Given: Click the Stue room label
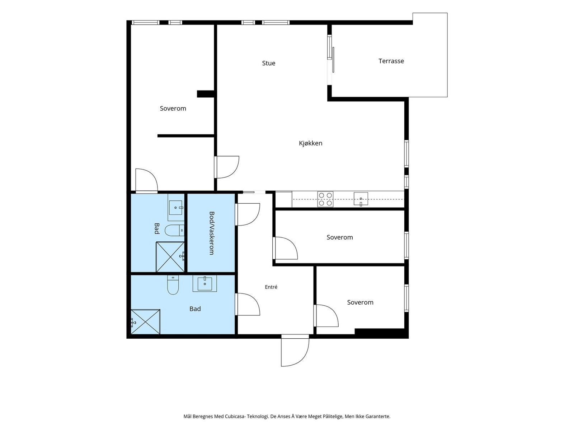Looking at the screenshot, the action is (x=269, y=63).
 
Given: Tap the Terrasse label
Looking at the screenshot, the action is (x=391, y=61).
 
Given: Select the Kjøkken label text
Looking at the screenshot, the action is (x=310, y=143).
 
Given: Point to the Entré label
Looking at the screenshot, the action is (x=271, y=287).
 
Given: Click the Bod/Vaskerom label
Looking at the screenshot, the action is (x=212, y=233).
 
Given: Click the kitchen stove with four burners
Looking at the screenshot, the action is (x=325, y=199).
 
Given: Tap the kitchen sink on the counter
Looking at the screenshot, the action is (x=361, y=199).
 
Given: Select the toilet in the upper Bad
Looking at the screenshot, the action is (x=174, y=230).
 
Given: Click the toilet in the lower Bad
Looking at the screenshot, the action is (x=173, y=285).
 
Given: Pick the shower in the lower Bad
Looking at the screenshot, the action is (x=145, y=322).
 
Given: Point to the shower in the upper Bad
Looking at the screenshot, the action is (x=170, y=257).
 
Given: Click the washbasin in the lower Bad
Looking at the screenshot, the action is (x=205, y=283).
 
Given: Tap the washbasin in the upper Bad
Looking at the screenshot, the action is (x=176, y=208).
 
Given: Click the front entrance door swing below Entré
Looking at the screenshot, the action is (x=295, y=352).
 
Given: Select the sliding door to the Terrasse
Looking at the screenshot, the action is (x=331, y=60).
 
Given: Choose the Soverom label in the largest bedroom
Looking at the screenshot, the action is (x=173, y=108).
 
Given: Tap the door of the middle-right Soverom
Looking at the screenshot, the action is (x=285, y=248).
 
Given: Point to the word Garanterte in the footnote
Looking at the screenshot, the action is (x=378, y=416).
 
